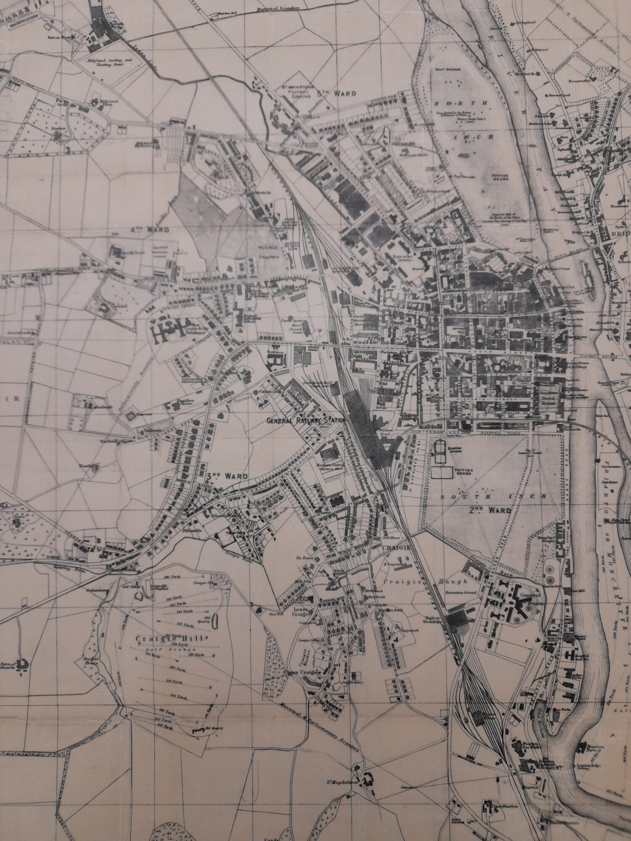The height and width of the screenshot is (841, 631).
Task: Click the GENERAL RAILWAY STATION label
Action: click(x=306, y=420)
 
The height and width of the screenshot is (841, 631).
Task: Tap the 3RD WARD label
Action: click(x=225, y=476)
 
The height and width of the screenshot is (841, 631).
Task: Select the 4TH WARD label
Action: click(x=149, y=230)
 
